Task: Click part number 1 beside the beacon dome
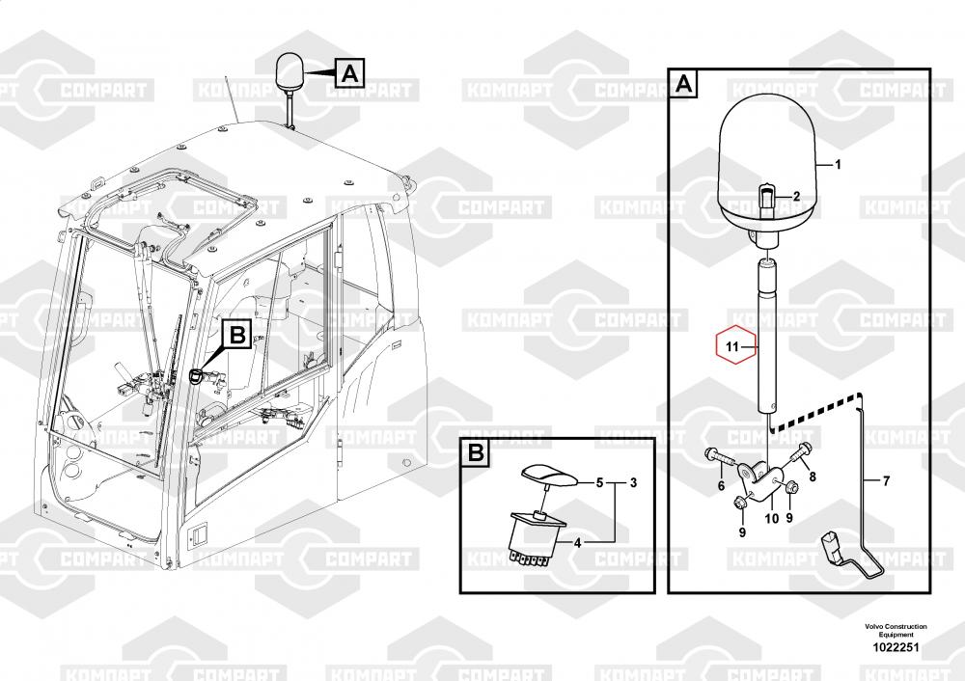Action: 838,165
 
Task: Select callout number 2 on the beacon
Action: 796,197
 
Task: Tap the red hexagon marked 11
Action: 731,345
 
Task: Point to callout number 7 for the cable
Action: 887,479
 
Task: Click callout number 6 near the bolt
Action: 720,486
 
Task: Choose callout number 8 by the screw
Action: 812,476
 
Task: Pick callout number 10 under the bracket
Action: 772,518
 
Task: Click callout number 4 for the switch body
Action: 578,543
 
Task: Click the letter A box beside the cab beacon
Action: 349,71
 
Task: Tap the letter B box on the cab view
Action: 237,335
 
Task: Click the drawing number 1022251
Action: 896,647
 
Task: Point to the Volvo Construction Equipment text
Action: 896,630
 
